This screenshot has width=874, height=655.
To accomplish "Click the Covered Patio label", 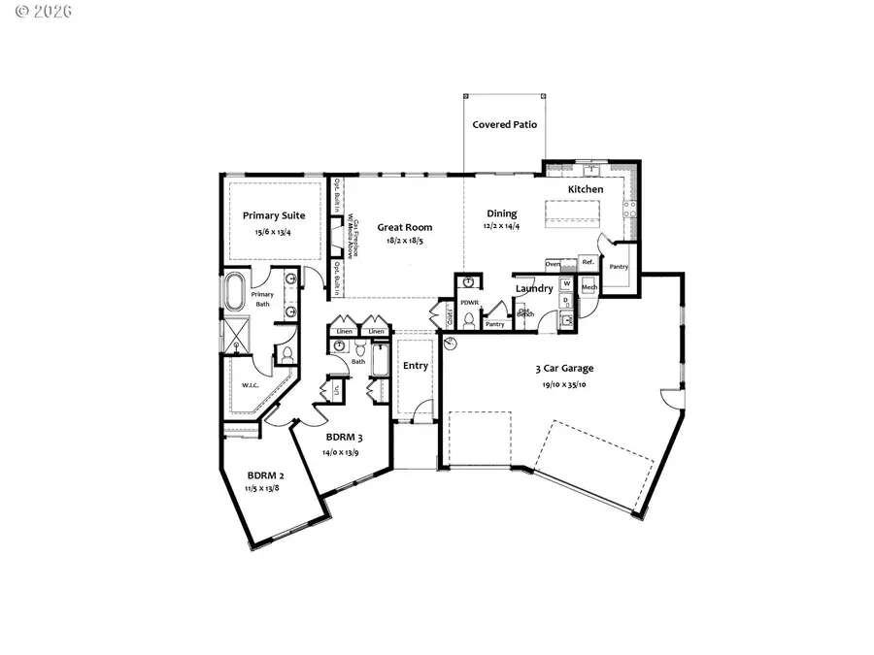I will [x=504, y=125].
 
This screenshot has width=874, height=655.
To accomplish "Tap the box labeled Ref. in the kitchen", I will [x=588, y=263].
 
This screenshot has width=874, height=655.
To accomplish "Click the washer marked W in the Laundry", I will [x=567, y=283].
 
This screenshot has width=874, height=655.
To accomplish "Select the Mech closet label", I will [x=588, y=287].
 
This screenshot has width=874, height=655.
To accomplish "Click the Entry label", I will [x=415, y=366].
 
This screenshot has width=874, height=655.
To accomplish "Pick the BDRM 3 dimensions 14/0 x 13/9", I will [x=341, y=453].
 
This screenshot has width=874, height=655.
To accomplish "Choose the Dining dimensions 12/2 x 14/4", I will [x=502, y=226].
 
